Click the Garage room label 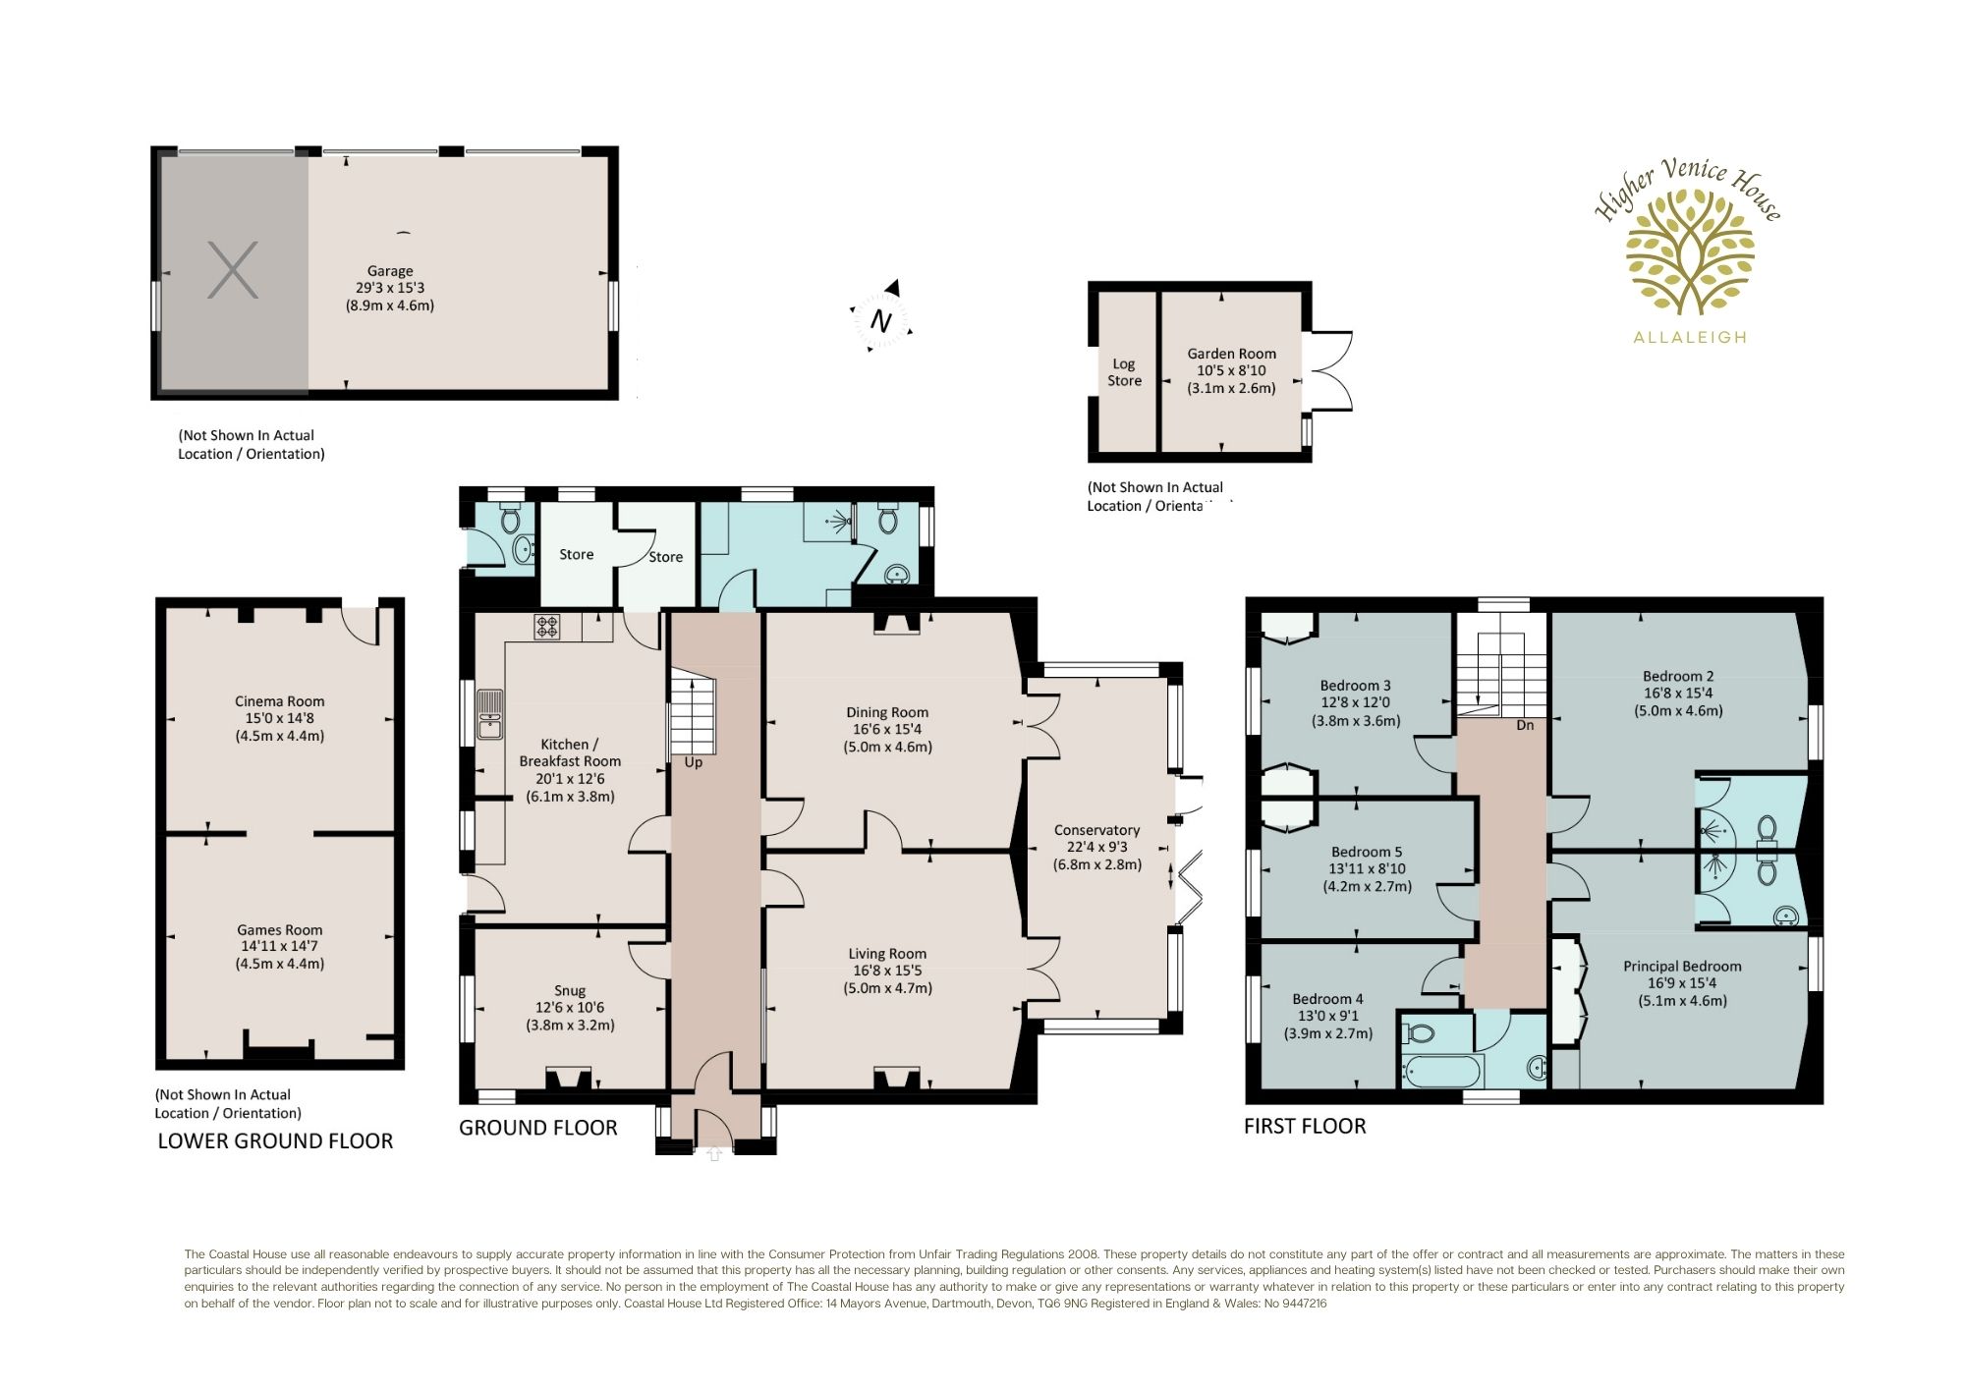[390, 288]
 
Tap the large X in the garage [233, 270]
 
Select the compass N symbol [881, 320]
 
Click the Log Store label [1125, 372]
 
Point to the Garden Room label [1232, 370]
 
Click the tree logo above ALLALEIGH [1690, 251]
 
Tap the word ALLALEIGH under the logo [1690, 337]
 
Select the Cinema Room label [280, 718]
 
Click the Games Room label [280, 947]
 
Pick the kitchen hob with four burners [547, 627]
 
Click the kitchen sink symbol [489, 714]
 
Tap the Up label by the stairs [694, 763]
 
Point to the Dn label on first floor [1525, 725]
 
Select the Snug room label [570, 1008]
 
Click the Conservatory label [1097, 848]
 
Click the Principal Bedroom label [1682, 983]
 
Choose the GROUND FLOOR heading [538, 1128]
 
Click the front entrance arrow [714, 1155]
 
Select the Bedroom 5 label [1368, 869]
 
